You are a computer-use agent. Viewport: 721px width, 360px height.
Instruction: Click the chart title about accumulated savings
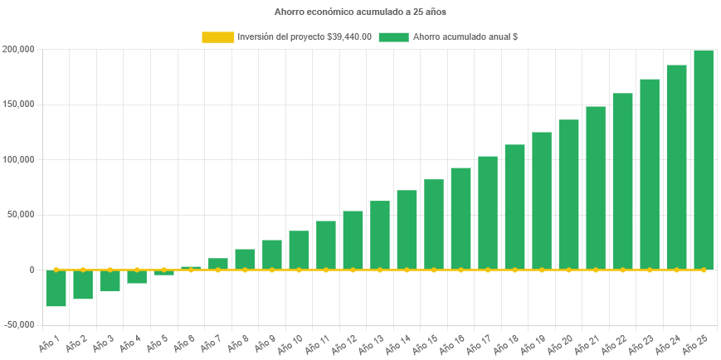tap(360, 12)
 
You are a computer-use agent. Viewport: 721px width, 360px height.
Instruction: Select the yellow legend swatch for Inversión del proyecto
tap(217, 37)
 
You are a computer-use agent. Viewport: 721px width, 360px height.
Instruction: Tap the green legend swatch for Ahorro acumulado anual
tap(393, 37)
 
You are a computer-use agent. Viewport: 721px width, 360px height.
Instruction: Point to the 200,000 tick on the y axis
tap(17, 50)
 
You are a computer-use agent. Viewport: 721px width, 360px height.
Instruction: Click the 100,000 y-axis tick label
tap(17, 159)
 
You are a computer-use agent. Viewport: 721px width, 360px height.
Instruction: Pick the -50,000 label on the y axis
tap(17, 324)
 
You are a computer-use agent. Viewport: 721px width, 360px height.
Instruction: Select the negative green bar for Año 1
tap(56, 289)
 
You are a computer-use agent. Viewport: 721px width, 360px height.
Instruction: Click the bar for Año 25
tap(704, 159)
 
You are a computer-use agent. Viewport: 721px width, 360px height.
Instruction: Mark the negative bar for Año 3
tap(110, 281)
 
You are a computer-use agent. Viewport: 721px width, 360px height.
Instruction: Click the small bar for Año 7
tap(218, 264)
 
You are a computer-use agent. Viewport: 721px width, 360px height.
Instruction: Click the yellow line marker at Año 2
tap(83, 270)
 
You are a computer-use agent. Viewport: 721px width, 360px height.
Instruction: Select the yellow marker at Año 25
tap(704, 270)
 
